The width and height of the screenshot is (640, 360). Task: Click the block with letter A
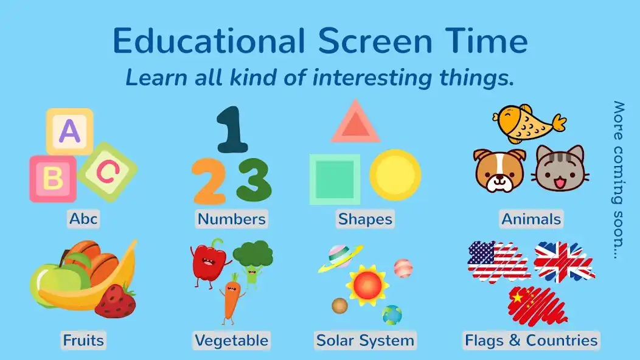(70, 131)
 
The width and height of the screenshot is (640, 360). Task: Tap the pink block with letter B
(53, 179)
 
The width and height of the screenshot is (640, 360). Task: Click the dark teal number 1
(232, 129)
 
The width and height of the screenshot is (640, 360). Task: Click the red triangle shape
(355, 122)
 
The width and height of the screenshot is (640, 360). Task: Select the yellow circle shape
(395, 175)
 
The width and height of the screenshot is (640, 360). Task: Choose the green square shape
(335, 179)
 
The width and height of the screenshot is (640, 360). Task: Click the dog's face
(499, 170)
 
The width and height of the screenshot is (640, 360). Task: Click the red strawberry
(115, 300)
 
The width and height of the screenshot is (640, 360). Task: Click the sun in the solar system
(367, 284)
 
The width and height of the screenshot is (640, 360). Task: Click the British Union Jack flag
(563, 261)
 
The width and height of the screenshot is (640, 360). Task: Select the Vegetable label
(231, 340)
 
